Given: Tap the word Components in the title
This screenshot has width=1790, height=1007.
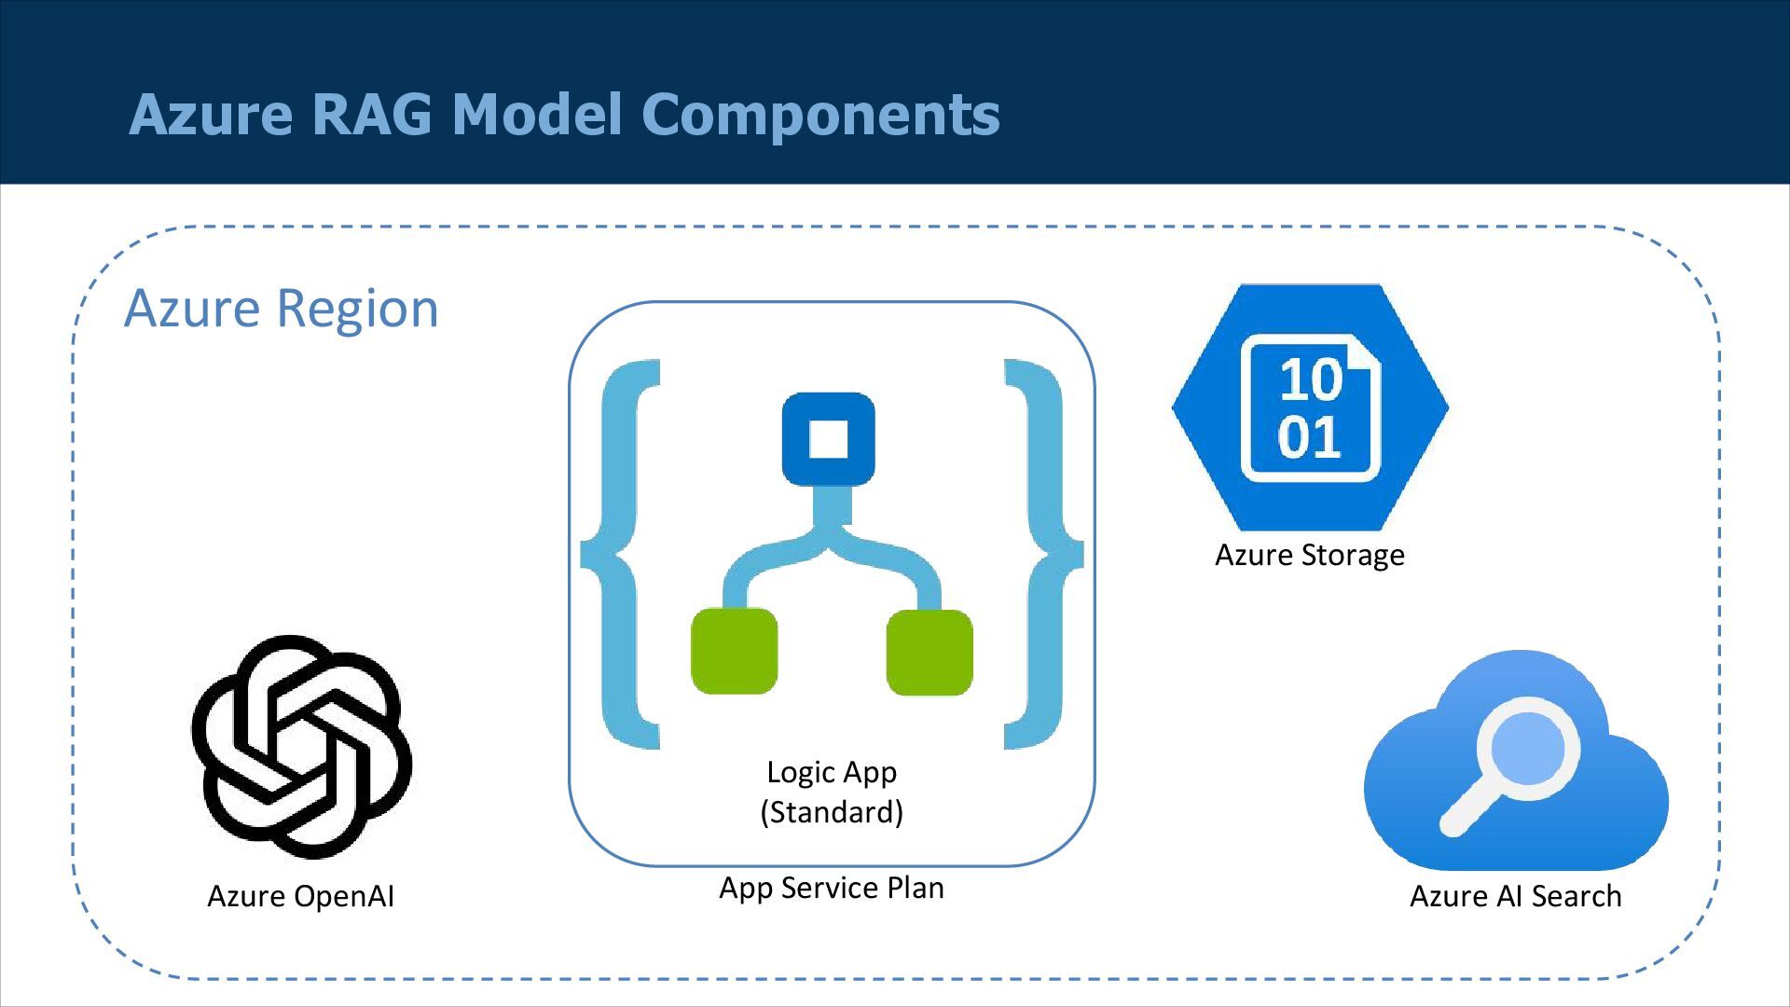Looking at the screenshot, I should pyautogui.click(x=820, y=115).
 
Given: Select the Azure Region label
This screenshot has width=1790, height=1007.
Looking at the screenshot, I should pyautogui.click(x=281, y=309).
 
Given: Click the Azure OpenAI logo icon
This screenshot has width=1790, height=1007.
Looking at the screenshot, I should pyautogui.click(x=301, y=746).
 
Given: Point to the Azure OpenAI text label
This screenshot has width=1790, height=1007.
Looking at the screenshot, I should pyautogui.click(x=300, y=896).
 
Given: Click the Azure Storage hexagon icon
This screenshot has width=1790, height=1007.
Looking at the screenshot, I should pyautogui.click(x=1310, y=407).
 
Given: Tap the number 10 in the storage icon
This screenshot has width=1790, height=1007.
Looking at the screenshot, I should pyautogui.click(x=1310, y=379).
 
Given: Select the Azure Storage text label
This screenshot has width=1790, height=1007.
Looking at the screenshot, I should pyautogui.click(x=1309, y=555).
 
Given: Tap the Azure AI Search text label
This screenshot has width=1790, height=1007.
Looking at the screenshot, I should pyautogui.click(x=1515, y=896).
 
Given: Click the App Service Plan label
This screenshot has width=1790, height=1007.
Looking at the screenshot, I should pyautogui.click(x=831, y=888).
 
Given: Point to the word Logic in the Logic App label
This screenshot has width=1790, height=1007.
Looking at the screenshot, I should pyautogui.click(x=799, y=772).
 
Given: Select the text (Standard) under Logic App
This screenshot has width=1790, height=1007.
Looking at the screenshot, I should pyautogui.click(x=832, y=812).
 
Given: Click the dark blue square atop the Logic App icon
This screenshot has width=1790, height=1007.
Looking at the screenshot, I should pyautogui.click(x=828, y=439).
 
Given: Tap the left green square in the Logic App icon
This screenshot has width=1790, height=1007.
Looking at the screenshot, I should pyautogui.click(x=734, y=652).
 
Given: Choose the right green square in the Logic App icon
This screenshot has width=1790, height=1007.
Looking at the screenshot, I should pyautogui.click(x=929, y=652).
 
